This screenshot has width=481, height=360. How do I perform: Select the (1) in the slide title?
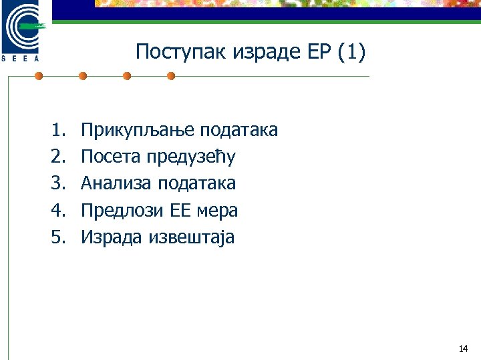[x=351, y=52]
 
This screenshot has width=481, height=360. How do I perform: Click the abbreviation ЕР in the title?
[x=318, y=52]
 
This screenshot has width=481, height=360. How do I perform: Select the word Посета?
[x=108, y=157]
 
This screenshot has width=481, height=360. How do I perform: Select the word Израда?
[x=111, y=237]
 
